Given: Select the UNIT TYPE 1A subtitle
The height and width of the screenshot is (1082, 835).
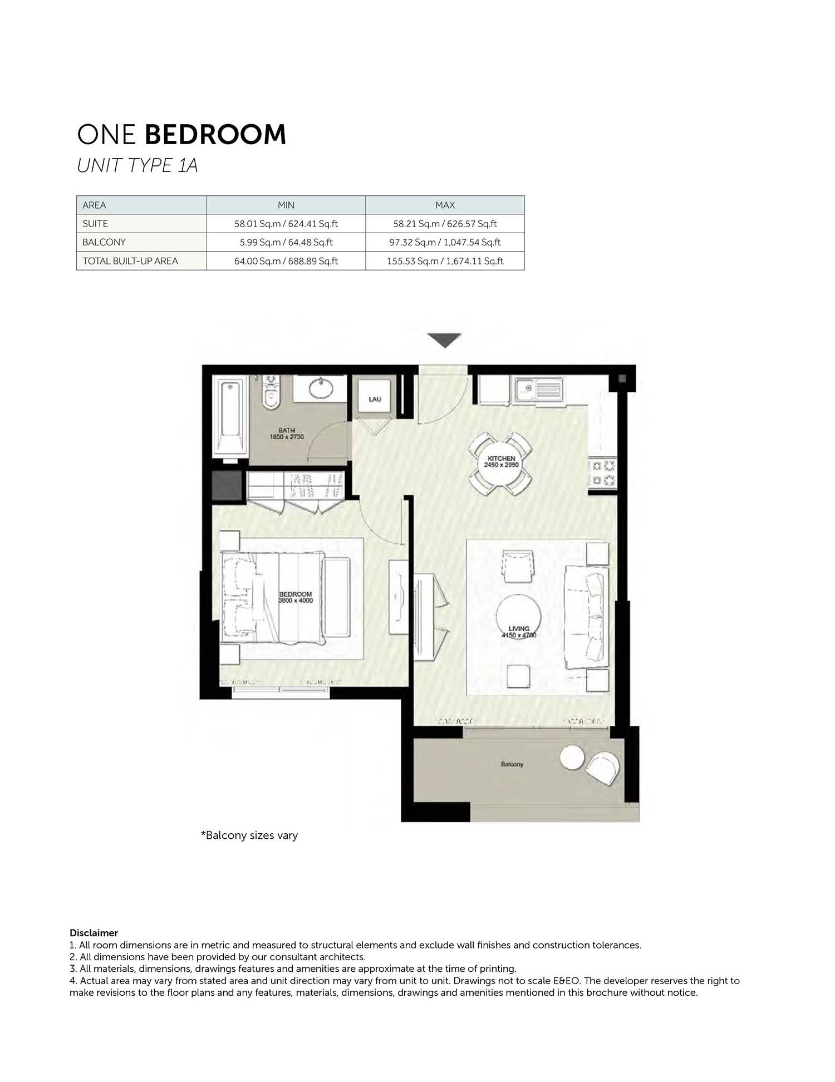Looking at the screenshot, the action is point(137,166).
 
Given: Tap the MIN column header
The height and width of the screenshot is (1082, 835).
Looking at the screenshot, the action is point(286,205).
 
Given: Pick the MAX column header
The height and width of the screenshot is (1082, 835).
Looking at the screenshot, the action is point(445,205).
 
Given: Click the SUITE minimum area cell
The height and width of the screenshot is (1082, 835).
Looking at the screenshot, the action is point(286,224).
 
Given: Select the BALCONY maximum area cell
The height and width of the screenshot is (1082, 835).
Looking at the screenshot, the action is point(445,242).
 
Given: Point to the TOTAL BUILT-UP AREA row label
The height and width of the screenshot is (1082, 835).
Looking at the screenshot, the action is point(130,261).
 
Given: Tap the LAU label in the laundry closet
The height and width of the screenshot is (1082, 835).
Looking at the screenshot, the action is point(375,399).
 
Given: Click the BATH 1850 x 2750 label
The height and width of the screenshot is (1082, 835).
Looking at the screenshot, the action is point(287,434).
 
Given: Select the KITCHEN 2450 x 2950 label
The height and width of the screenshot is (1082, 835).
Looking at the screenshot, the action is point(501,461).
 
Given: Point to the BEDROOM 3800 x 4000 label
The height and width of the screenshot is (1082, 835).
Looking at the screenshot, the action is point(296,597).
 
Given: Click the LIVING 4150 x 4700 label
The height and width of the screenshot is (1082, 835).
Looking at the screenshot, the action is point(519,632).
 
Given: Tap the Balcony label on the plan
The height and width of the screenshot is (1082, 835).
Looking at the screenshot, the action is point(512,764).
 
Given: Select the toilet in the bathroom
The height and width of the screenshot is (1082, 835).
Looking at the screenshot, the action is point(271,392).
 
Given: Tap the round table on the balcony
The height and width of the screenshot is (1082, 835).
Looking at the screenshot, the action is point(572,758).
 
